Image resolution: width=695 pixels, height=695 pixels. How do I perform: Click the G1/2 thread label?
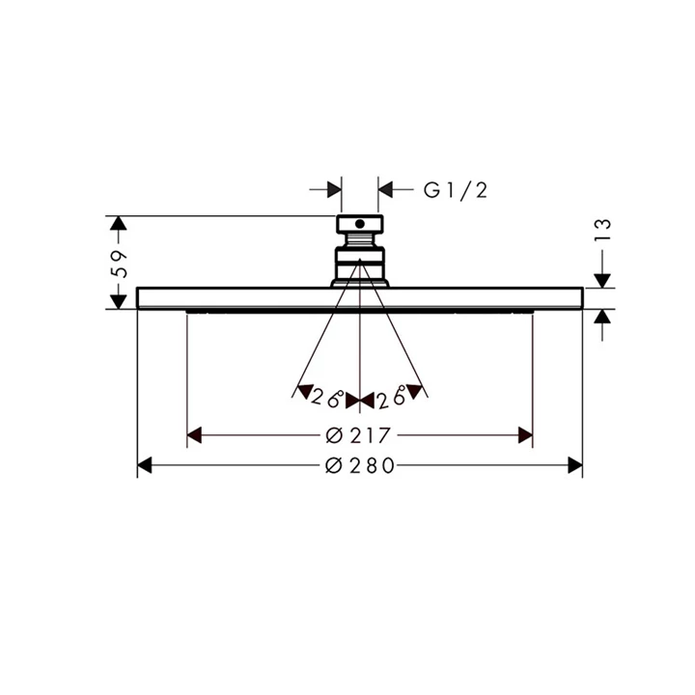456,190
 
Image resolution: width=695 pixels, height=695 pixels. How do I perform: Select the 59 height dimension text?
119,263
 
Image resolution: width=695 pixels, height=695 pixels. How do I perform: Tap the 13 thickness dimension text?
603,230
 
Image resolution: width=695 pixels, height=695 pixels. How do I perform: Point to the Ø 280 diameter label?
360,467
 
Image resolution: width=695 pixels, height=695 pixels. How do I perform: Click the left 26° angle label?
326,396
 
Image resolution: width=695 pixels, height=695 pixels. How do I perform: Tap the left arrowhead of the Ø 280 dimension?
145,467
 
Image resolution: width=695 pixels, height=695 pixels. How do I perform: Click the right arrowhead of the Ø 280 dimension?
575,467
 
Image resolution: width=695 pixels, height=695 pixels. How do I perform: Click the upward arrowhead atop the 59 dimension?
119,224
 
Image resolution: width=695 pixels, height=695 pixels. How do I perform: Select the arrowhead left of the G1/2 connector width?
334,189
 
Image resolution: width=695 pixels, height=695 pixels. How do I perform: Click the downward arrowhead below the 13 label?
602,279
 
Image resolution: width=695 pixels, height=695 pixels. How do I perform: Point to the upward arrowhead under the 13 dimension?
602,318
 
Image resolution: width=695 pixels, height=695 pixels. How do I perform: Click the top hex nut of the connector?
360,227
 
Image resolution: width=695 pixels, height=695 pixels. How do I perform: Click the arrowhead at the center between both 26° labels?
360,397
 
